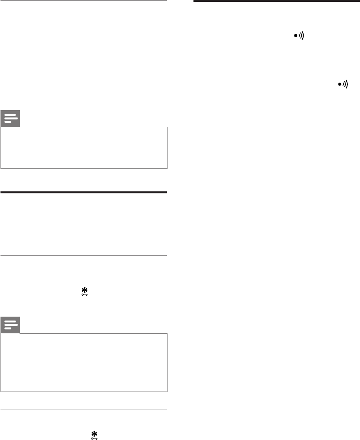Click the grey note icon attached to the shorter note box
[x=11, y=119]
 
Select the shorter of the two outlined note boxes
[x=84, y=148]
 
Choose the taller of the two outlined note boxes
[x=84, y=362]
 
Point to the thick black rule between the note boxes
[x=84, y=192]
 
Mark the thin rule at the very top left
[x=84, y=0]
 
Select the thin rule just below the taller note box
[x=84, y=410]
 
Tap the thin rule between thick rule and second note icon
[x=84, y=255]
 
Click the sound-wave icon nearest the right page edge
[x=343, y=84]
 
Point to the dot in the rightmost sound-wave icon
[x=339, y=84]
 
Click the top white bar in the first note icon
[x=11, y=116]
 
